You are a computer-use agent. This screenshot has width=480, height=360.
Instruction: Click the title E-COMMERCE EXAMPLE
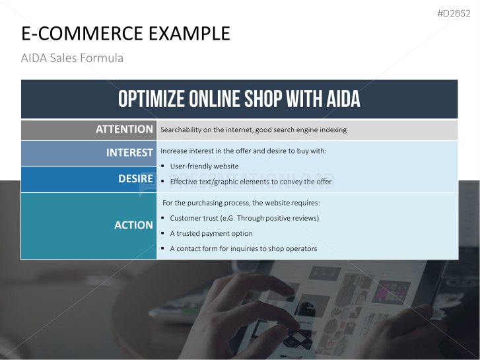125,34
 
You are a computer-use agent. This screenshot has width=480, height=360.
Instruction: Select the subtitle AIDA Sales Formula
72,58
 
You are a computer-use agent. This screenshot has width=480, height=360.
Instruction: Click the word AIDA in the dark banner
343,99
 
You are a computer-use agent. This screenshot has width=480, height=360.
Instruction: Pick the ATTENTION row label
124,129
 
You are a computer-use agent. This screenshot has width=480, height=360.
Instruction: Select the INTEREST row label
129,153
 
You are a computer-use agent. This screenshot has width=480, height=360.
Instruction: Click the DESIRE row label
135,179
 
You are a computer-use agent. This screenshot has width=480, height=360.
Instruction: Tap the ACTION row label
133,225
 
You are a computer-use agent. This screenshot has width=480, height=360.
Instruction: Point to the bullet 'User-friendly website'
204,166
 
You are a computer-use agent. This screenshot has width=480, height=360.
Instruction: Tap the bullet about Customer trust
244,218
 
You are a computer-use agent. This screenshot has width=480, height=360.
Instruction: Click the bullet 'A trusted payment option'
211,233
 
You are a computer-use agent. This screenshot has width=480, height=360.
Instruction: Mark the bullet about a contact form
243,249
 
